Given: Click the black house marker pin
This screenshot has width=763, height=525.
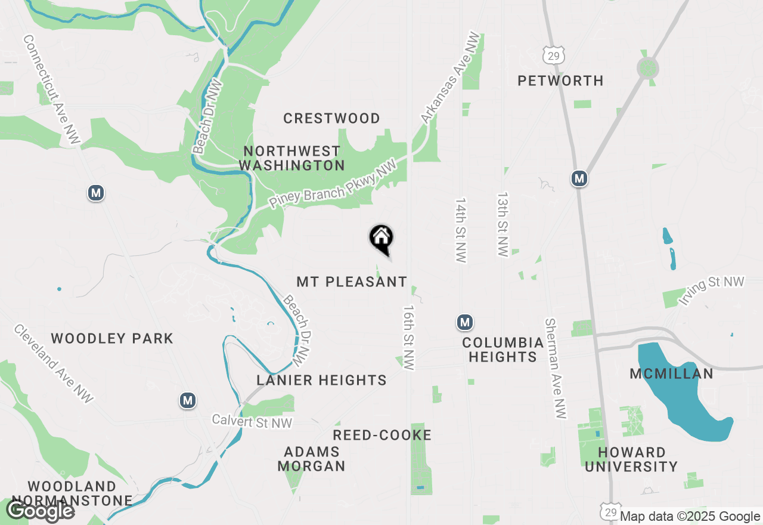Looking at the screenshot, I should coord(381,239).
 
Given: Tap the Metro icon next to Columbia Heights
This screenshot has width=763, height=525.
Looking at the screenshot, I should coord(465,323).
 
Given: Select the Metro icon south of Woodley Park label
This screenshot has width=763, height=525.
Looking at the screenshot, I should coord(188,400).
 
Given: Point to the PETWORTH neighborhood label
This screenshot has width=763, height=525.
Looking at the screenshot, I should coord(560,81).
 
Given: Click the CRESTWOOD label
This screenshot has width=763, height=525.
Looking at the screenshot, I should coord(331,118).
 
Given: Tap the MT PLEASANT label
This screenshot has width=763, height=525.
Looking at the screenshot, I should coord(352,282).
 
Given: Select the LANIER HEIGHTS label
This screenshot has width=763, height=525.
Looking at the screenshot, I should coord(322,380).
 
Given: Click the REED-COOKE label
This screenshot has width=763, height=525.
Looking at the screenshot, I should coord(382,436).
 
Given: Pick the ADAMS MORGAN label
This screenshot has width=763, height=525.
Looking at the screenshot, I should coord(311,459).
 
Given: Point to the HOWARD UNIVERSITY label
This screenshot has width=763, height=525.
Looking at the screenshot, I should coord(631,459).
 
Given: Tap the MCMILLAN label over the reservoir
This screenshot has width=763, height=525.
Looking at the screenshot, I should coord(671,374).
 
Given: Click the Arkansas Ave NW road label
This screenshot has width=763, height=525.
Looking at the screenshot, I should coord(451,78).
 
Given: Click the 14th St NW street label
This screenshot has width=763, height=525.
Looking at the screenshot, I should coord(460,230).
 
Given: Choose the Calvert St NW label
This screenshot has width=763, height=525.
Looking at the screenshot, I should coord(253,422).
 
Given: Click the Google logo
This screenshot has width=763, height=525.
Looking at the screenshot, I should coord(40,511).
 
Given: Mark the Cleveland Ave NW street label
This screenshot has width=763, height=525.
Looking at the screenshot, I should coord(54,364).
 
